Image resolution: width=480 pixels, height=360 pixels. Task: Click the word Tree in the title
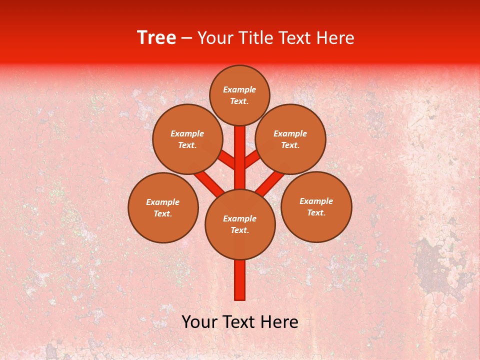(156, 38)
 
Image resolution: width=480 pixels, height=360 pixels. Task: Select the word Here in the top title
(336, 38)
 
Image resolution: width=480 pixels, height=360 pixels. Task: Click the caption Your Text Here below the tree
(240, 322)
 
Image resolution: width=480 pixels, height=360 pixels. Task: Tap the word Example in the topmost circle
(239, 90)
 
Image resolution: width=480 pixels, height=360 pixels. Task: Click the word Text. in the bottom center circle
(239, 230)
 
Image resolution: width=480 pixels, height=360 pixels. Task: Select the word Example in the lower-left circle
(162, 202)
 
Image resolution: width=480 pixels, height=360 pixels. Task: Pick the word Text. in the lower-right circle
(316, 213)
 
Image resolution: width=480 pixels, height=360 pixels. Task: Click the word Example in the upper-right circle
(290, 134)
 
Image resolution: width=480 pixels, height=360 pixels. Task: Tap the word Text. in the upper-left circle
(187, 145)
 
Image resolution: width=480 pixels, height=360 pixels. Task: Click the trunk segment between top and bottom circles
(240, 160)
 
